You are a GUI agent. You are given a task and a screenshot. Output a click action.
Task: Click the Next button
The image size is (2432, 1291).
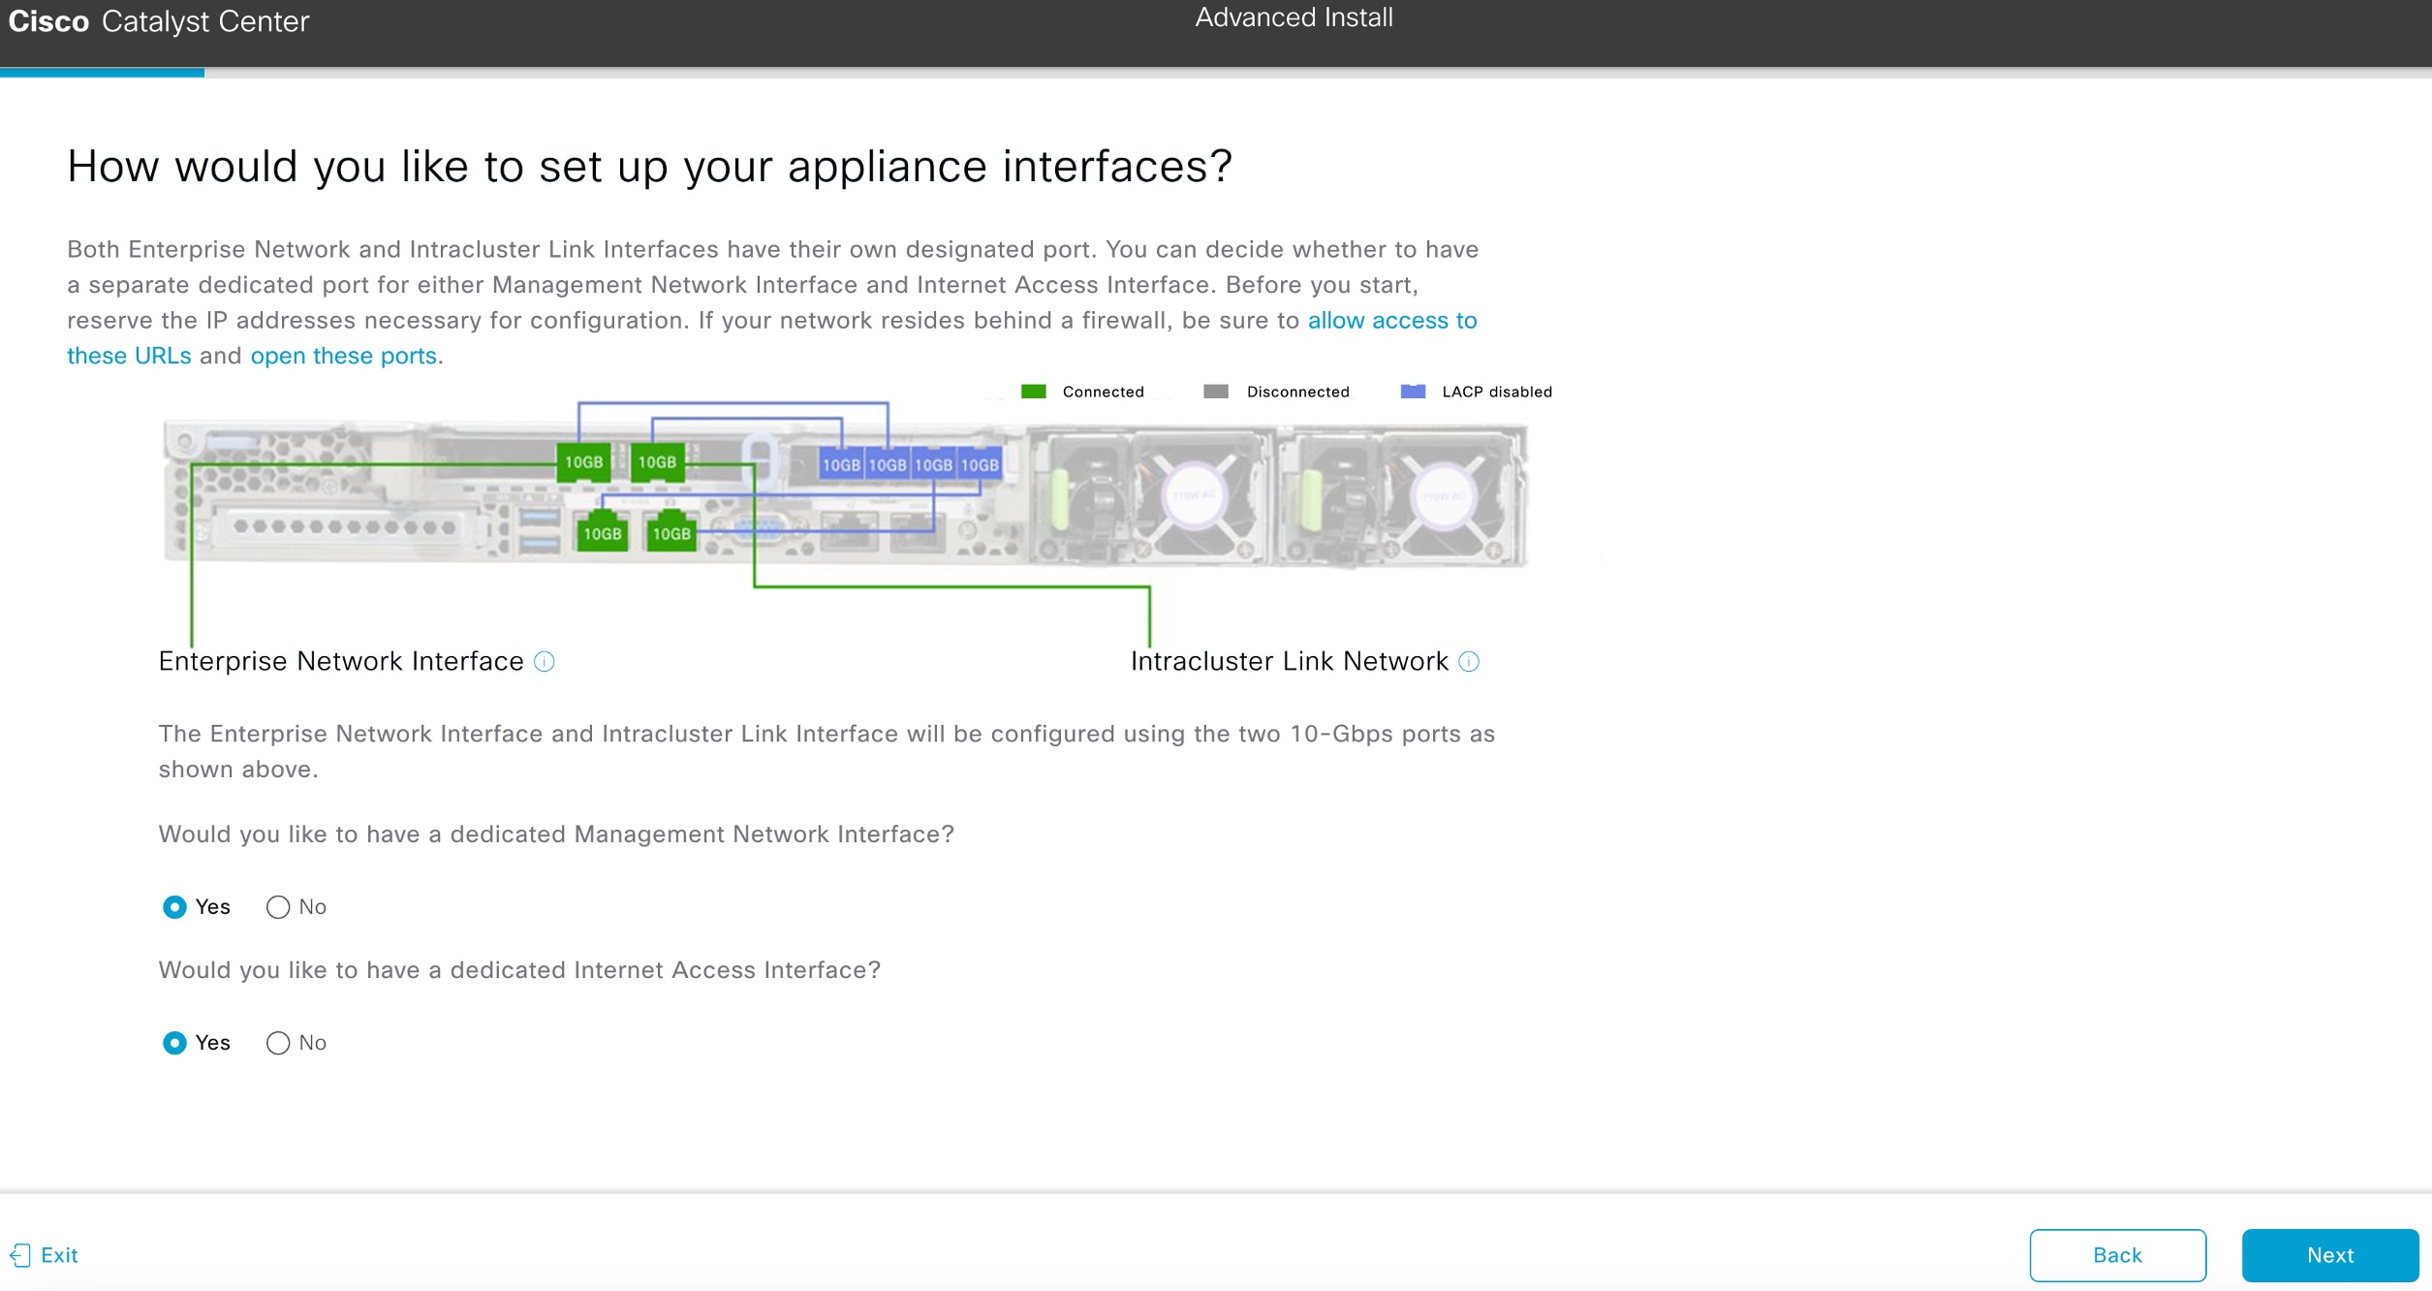point(2329,1255)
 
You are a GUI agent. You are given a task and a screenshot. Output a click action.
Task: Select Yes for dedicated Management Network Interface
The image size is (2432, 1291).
point(174,907)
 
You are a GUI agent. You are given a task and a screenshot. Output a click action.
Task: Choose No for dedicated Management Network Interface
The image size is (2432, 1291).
point(278,907)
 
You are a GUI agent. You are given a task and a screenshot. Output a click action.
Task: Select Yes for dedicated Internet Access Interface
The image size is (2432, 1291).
point(174,1043)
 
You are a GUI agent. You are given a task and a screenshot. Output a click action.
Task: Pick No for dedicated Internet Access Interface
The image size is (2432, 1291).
point(278,1043)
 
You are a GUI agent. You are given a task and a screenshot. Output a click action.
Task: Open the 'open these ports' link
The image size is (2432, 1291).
point(343,356)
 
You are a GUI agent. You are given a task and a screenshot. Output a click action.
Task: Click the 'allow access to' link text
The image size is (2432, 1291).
point(1391,321)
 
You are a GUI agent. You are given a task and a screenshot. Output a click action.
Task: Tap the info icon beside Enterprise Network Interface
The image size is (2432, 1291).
point(545,662)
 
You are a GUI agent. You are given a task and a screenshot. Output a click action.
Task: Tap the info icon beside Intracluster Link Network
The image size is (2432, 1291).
point(1469,662)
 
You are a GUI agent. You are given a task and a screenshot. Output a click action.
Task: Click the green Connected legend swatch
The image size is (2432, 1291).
point(1034,392)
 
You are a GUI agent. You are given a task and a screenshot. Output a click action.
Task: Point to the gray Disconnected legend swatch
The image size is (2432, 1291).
point(1215,392)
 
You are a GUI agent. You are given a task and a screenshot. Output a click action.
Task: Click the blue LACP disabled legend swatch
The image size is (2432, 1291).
point(1413,392)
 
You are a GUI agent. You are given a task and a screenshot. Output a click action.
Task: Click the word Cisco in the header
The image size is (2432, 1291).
point(48,21)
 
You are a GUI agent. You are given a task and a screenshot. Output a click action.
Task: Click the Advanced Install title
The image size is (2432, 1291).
point(1294,17)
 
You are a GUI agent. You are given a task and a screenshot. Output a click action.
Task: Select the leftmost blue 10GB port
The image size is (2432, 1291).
point(841,465)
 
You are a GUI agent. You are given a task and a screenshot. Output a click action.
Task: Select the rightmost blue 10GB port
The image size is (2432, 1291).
point(980,465)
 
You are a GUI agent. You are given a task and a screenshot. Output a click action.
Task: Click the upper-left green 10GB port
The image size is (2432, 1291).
point(583,462)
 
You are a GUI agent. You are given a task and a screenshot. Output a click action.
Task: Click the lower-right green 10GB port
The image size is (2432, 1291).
point(671,533)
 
